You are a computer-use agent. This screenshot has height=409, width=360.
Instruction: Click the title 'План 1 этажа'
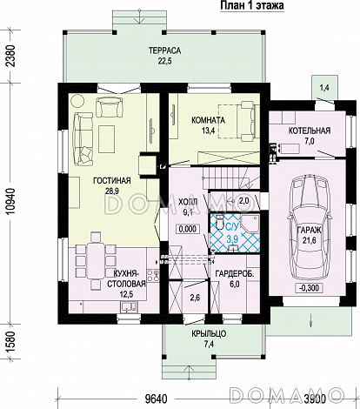click(x=252, y=5)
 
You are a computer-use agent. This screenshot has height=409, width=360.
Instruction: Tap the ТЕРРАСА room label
click(x=164, y=50)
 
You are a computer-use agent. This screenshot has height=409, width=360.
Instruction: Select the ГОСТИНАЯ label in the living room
click(x=112, y=181)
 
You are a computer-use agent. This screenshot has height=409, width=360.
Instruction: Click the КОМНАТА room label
click(x=208, y=120)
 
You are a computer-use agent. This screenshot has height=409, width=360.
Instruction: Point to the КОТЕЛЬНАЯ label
click(x=310, y=131)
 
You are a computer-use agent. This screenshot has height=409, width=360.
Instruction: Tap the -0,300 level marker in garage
click(x=310, y=288)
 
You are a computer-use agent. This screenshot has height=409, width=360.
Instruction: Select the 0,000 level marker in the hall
click(x=188, y=229)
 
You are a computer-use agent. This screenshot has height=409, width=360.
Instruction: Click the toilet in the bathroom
click(x=220, y=222)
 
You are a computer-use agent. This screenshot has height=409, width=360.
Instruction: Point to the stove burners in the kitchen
click(x=153, y=275)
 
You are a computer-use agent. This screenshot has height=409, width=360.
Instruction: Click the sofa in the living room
click(x=83, y=139)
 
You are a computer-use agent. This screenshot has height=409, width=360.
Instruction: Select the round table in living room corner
click(x=77, y=101)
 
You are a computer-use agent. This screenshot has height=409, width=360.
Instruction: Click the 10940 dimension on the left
click(x=10, y=201)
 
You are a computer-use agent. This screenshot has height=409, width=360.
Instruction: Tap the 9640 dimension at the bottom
click(x=156, y=399)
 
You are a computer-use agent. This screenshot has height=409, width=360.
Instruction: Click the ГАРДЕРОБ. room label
click(x=235, y=274)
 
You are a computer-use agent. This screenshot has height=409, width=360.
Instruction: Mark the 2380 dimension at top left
click(x=10, y=56)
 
